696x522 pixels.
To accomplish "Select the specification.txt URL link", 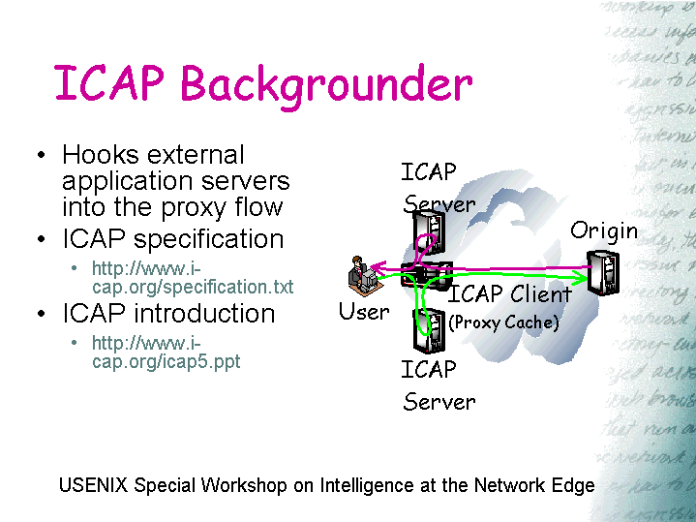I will (x=192, y=278).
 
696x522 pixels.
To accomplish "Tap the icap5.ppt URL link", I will (x=166, y=353).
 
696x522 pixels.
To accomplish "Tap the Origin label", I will (x=604, y=230).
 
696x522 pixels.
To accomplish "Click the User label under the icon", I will (x=364, y=312).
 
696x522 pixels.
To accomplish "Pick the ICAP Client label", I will (x=510, y=294).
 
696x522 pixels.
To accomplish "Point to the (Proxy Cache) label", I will (x=503, y=322).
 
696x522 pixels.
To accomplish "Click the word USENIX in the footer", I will (x=94, y=486).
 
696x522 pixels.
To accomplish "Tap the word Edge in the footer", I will (x=573, y=486).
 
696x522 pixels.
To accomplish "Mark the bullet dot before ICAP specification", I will (x=40, y=240).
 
